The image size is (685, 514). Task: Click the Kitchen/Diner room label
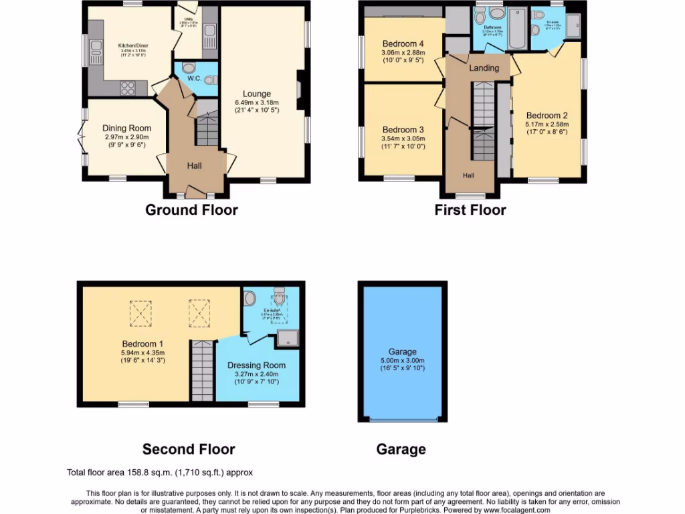134,46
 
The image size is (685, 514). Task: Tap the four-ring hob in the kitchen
127,88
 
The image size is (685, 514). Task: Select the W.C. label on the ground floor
195,78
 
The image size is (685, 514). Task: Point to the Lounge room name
257,94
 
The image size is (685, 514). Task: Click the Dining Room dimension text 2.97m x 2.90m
126,137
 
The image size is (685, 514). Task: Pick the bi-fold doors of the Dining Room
81,137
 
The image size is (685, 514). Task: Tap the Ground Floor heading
191,210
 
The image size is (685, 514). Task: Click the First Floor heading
470,210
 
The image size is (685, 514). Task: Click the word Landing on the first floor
484,68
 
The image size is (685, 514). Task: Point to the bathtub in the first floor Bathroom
518,29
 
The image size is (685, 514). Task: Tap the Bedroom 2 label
547,115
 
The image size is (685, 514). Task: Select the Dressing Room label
256,365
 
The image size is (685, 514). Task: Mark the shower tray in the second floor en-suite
291,339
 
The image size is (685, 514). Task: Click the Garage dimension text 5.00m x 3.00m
403,360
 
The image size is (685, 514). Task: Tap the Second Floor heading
189,449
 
